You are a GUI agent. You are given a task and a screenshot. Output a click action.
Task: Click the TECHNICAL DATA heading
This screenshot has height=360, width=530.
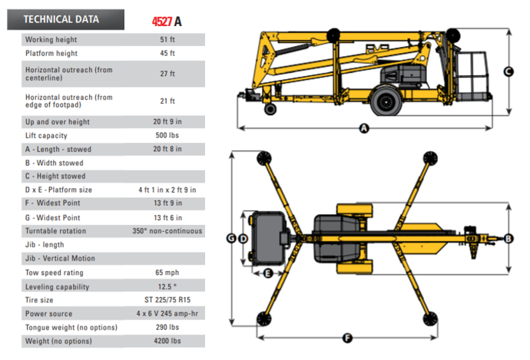pos(61,19)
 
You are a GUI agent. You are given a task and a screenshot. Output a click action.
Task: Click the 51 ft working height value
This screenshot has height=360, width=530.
pos(167,39)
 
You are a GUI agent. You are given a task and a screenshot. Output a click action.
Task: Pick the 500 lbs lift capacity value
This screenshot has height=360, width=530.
pos(167,135)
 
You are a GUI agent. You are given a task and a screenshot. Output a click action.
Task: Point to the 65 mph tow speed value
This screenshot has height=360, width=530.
pos(167,272)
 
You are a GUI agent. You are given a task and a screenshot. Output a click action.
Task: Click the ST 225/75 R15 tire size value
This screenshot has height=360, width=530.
pos(167,300)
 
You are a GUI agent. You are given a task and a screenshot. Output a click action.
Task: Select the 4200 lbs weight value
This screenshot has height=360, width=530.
pos(167,341)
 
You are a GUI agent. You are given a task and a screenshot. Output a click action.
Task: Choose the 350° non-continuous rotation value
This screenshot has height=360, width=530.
pos(167,231)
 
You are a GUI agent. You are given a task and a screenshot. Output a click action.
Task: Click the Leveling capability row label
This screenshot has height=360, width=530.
pos(57,286)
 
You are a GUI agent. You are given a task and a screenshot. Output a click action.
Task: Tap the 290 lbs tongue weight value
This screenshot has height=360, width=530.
pos(167,327)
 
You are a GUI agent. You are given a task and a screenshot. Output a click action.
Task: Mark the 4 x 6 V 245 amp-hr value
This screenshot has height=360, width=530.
pos(167,314)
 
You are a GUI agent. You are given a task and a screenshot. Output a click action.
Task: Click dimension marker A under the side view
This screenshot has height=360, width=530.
pos(364,128)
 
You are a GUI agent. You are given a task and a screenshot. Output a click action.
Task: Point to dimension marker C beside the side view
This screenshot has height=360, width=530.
pos(508,71)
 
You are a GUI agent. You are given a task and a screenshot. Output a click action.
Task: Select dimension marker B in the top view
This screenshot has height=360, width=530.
pos(508,239)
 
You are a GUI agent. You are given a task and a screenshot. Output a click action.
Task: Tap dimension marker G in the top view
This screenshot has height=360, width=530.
pos(231,239)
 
